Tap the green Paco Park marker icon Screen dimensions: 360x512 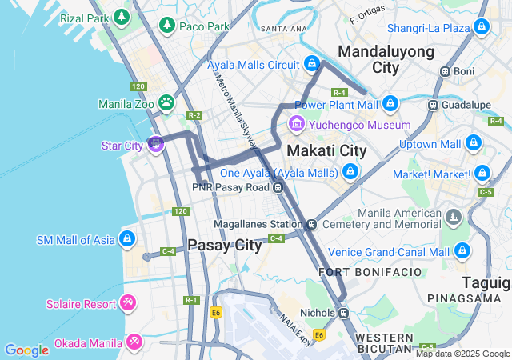pos(166,26)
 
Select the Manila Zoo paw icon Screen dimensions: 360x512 pos(166,102)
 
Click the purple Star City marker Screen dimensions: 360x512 pos(156,145)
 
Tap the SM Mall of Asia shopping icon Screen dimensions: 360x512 pos(126,239)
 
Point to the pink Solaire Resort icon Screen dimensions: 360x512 pos(126,303)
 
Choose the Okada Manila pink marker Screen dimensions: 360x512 pos(134,343)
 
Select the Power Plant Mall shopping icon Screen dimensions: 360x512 pos(390,104)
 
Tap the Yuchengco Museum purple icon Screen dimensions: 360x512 pos(297,124)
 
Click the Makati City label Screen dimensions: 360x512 pos(326,150)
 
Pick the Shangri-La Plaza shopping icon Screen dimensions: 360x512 pos(481,28)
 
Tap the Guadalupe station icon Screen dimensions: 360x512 pos(433,104)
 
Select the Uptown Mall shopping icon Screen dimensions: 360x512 pos(473,144)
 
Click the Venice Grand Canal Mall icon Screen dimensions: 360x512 pos(462,251)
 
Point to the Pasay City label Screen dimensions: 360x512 pos(224,246)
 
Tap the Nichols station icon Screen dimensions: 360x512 pos(343,313)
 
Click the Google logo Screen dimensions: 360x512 pos(26,350)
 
